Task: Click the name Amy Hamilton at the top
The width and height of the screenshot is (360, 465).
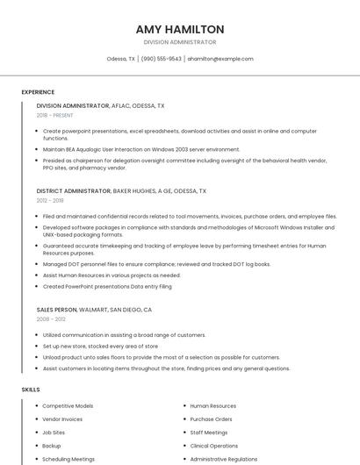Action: [x=180, y=29]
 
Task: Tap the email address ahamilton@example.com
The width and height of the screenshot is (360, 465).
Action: [x=220, y=59]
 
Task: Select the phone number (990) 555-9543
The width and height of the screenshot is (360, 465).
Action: [x=162, y=59]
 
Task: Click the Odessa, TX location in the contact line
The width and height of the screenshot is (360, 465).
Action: [x=120, y=59]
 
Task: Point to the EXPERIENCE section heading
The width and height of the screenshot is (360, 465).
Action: [x=38, y=92]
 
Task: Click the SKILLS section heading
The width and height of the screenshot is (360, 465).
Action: [x=31, y=389]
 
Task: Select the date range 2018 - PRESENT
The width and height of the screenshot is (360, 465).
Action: [x=55, y=115]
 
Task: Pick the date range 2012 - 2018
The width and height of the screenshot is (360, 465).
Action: [x=51, y=200]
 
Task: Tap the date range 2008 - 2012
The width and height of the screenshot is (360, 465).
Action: [x=51, y=319]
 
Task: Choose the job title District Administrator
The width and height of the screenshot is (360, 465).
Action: [x=74, y=190]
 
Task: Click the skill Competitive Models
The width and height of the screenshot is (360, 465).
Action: [x=68, y=406]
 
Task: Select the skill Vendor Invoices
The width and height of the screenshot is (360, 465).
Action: [x=63, y=419]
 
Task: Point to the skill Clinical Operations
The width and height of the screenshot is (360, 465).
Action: [x=213, y=446]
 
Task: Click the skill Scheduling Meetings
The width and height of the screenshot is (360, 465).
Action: [x=68, y=459]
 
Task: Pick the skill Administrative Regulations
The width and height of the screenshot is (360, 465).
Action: [x=223, y=459]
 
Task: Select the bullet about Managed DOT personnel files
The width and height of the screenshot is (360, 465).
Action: [x=156, y=264]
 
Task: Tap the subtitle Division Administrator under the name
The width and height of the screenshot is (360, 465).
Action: [x=180, y=42]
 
